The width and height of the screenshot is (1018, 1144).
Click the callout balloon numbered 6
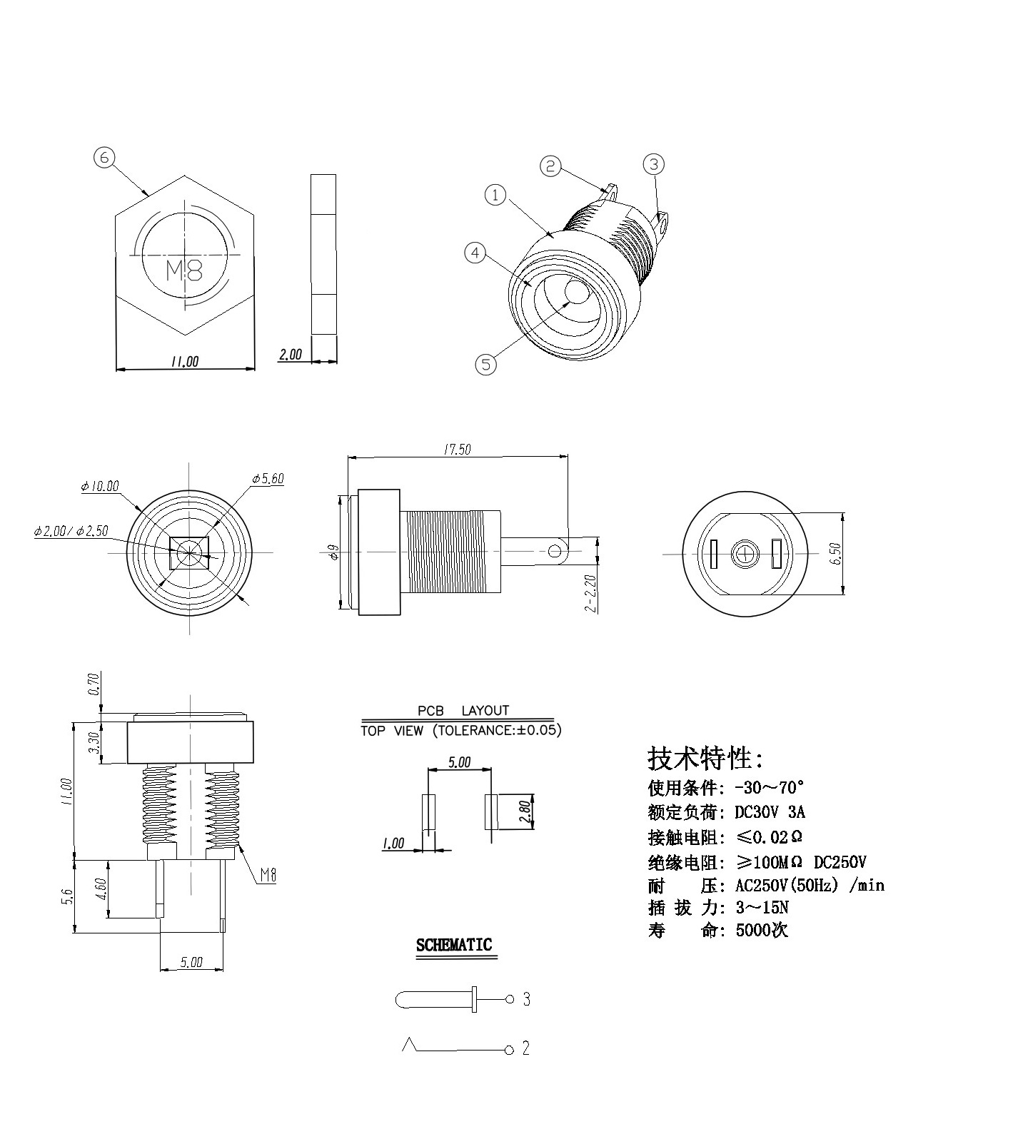[x=104, y=157]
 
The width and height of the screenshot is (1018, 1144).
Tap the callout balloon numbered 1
[x=495, y=195]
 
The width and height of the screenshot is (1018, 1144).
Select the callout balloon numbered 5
[x=485, y=365]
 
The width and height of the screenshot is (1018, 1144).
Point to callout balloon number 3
[x=653, y=164]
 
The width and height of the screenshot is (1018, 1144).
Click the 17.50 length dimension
[x=457, y=450]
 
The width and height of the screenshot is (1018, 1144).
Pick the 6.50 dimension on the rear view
[x=836, y=553]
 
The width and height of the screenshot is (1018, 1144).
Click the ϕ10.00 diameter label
[x=100, y=487]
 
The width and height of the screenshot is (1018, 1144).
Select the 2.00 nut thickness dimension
[x=291, y=355]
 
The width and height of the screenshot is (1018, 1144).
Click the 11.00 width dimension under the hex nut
[x=184, y=362]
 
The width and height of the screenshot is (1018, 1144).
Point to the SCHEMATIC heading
[x=454, y=945]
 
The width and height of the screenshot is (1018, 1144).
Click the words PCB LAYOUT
[x=463, y=711]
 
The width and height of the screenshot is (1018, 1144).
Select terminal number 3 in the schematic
[x=526, y=999]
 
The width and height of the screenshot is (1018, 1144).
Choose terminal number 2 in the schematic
[x=526, y=1048]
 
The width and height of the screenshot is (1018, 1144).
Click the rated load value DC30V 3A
[x=770, y=812]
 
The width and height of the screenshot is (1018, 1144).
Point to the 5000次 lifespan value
[x=762, y=931]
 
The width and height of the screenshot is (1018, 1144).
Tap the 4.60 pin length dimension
[x=101, y=889]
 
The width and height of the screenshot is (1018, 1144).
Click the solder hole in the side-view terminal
[x=555, y=551]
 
